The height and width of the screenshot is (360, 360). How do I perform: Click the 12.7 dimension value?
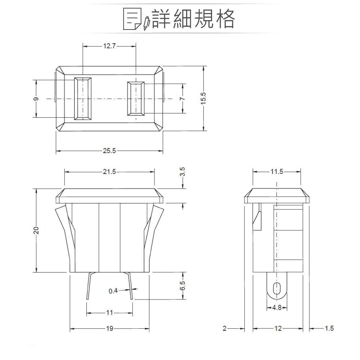109,46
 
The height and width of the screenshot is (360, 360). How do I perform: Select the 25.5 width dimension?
109,151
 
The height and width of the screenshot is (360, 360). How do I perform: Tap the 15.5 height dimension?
203,98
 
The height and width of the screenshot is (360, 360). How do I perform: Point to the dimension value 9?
36,99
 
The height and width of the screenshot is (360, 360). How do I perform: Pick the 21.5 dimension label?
109,172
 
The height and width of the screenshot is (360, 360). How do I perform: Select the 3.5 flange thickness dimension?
183,171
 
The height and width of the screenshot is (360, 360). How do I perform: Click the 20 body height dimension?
36,230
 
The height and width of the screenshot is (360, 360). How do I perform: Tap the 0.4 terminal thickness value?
113,291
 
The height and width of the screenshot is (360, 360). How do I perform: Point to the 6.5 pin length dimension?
183,286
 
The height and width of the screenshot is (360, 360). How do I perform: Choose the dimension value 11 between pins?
109,312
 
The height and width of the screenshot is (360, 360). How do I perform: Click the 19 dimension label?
109,328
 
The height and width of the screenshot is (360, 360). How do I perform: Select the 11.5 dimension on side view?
276,172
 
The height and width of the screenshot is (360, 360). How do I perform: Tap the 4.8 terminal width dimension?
276,308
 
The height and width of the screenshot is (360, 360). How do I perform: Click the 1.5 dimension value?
329,328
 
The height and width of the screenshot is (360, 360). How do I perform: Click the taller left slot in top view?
83,98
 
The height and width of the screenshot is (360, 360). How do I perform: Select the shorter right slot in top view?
136,99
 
